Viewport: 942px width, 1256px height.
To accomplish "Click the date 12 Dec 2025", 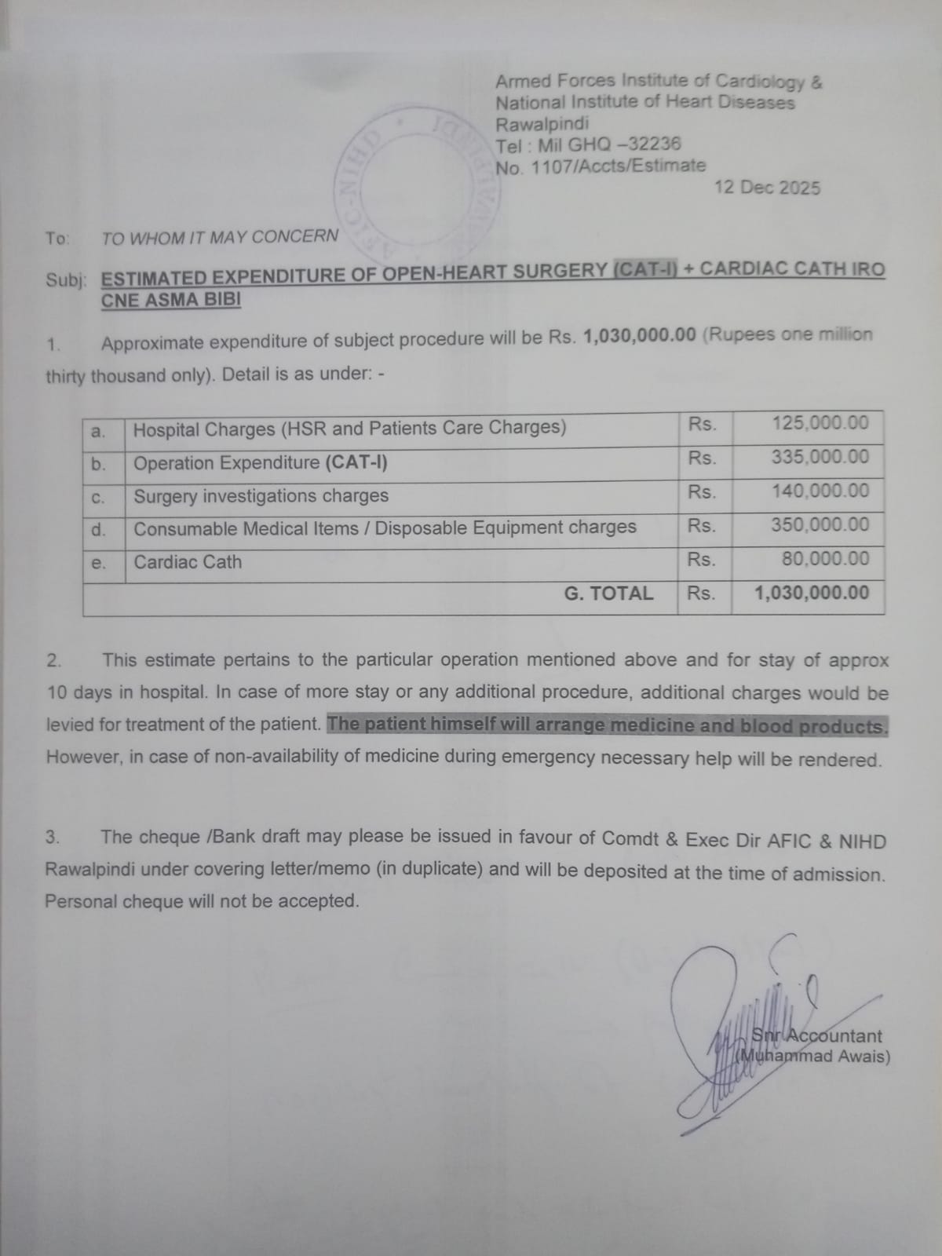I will coord(767,188).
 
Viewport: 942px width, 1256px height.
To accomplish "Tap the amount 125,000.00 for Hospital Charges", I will coord(820,423).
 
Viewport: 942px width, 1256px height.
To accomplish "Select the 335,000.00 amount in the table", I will coord(820,457).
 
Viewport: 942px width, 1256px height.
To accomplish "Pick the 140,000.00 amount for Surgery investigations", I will coord(820,491).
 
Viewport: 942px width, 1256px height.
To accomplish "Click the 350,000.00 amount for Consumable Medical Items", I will coord(820,524).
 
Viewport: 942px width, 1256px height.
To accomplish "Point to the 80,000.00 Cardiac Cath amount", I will coord(825,559).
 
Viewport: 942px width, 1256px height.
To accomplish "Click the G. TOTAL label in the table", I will coord(608,593).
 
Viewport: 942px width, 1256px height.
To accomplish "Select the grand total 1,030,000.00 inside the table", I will coord(812,593).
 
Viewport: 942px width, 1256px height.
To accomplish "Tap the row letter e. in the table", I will coord(98,563).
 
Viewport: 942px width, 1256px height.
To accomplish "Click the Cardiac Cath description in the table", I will coord(188,562).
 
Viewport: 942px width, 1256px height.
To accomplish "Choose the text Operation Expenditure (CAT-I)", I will coord(261,463).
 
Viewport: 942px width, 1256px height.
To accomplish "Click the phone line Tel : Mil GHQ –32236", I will coord(588,144).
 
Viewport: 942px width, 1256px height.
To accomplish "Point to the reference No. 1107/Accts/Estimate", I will coord(601,166).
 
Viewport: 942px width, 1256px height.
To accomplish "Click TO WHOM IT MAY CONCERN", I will coord(220,237).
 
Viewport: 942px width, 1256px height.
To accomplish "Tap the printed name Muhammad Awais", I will coord(816,1057).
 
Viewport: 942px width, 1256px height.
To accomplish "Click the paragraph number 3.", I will coord(52,837).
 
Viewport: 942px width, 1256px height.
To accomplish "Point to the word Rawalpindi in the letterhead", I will coord(542,123).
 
